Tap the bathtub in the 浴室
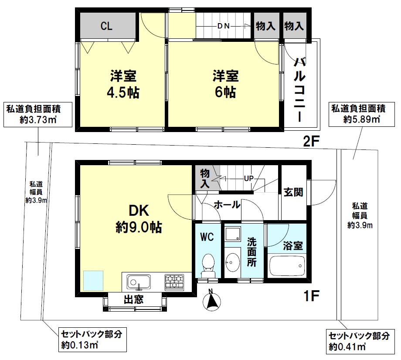[287, 266]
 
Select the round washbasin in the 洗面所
[232, 262]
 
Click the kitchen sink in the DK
[139, 282]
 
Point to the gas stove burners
[174, 282]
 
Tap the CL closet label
[106, 26]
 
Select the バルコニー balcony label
[300, 90]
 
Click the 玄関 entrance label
[293, 192]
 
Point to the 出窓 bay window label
[134, 299]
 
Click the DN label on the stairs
[223, 26]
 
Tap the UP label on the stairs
[248, 178]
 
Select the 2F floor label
[311, 141]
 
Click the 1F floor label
[311, 296]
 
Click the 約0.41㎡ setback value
[347, 347]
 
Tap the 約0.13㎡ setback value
[80, 345]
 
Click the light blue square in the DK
[93, 281]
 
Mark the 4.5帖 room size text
[123, 92]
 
